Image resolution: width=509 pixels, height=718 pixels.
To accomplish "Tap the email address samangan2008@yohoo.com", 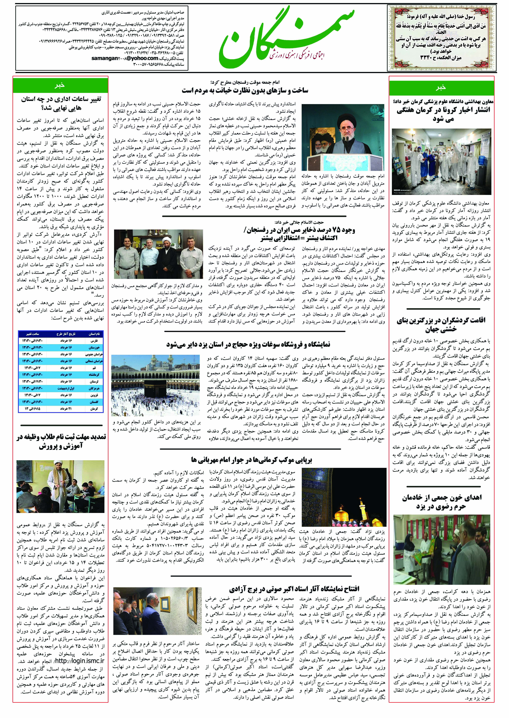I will point(125,58).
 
